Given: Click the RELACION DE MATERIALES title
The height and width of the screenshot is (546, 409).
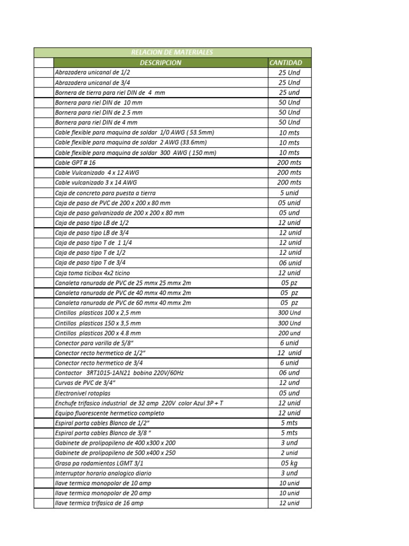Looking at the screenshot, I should tap(171, 52).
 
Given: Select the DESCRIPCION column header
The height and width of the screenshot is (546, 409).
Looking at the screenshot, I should tap(160, 62).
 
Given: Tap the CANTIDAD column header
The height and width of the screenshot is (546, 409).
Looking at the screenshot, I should tap(285, 62).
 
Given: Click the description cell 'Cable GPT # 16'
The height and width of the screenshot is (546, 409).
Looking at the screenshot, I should tap(76, 163).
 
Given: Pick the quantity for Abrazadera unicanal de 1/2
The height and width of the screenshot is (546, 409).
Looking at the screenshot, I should tap(289, 73).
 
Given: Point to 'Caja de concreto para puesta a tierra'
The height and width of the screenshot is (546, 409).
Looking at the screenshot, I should tap(105, 193).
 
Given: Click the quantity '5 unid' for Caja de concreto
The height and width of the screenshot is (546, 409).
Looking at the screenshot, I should tap(289, 192).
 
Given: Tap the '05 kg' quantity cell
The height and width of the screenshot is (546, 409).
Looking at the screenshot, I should tap(289, 463).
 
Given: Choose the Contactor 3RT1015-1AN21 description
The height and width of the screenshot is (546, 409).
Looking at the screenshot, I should tap(119, 373).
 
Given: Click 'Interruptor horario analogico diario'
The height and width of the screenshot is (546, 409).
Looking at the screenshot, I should tap(103, 473).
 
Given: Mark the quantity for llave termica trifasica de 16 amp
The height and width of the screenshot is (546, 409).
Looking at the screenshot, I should tap(289, 503).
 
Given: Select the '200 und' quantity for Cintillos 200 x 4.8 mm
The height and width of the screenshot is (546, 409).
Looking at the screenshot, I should tap(289, 333).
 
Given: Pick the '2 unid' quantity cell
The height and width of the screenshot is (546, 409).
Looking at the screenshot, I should tap(289, 453).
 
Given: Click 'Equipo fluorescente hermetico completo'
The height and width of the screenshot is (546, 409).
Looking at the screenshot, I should tap(110, 413).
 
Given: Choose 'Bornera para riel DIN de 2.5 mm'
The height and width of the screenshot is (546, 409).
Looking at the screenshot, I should tap(99, 113).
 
